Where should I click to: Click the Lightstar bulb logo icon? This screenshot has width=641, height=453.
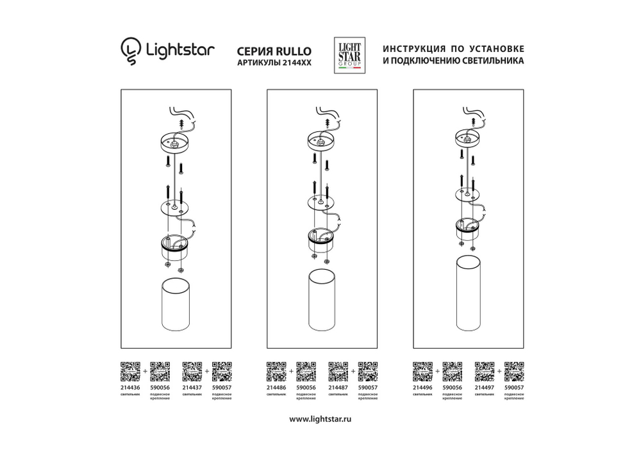point(130,52)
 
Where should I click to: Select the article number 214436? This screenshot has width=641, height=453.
point(130,387)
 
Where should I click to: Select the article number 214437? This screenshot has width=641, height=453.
point(192,387)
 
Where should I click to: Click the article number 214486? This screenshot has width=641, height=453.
point(275,387)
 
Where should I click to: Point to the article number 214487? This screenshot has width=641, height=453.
point(337,387)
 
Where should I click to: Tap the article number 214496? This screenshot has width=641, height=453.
point(422,387)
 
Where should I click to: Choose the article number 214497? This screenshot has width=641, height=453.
point(484,387)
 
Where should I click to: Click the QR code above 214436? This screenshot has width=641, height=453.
point(130,371)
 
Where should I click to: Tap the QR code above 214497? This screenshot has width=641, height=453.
point(484,371)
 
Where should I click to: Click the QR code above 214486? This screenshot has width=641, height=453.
point(276,371)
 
